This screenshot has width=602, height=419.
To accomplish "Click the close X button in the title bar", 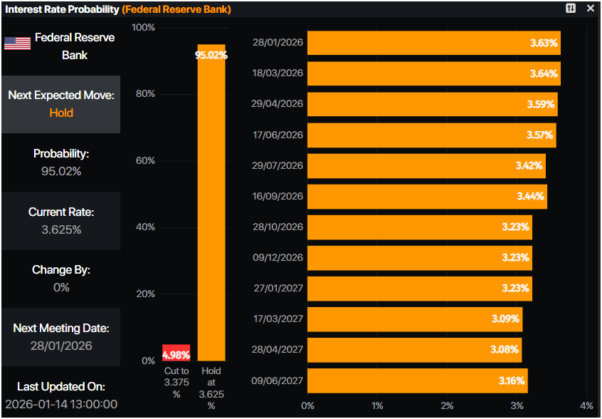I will point(590,8).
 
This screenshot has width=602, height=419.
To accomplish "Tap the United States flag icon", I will point(17,43).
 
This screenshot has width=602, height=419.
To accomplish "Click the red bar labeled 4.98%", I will point(176,353).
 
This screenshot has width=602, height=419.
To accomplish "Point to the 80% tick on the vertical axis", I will point(146,94).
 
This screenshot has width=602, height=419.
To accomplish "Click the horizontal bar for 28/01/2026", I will point(434,43).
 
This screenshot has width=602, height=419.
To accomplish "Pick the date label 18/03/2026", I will point(278,73).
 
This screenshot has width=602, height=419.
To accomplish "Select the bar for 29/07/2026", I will point(426,165).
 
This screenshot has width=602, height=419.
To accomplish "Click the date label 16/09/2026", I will point(278,196).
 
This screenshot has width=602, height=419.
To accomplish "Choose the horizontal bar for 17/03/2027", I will point(415,319).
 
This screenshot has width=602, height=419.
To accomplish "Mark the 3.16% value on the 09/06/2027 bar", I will point(511,381).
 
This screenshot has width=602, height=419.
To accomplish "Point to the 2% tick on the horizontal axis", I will point(447,405).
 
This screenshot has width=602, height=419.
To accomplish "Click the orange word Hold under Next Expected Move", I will point(61,113).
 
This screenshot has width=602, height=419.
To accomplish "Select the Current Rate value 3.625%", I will point(61,229).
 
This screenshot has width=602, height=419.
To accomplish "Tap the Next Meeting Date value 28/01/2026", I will point(61,346).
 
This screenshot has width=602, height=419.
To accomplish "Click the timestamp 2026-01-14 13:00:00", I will point(61,404).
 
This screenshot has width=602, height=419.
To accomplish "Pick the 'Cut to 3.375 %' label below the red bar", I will point(176,383).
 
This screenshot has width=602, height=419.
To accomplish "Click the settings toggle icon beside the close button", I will point(571,8).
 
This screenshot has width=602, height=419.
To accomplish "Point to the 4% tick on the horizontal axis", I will point(586,405).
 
